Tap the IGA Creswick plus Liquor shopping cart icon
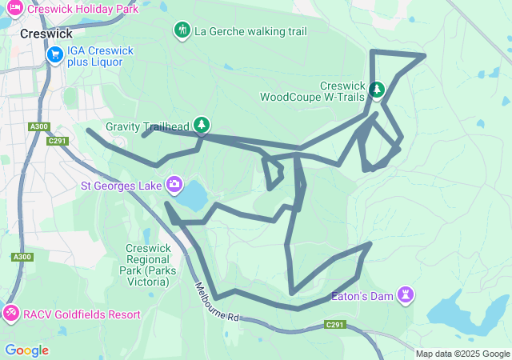[x=54, y=54]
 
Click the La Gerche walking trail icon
[x=182, y=30]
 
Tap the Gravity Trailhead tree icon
[x=202, y=124]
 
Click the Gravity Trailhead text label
[x=147, y=126]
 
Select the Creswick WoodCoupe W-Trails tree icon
[x=378, y=87]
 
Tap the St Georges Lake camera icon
[x=174, y=186]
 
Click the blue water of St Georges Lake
[x=194, y=195]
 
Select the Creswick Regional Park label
[x=148, y=259]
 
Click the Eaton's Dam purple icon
[x=406, y=295]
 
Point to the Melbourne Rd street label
[x=215, y=302]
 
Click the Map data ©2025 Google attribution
[x=462, y=354]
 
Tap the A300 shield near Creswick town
[x=38, y=126]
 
